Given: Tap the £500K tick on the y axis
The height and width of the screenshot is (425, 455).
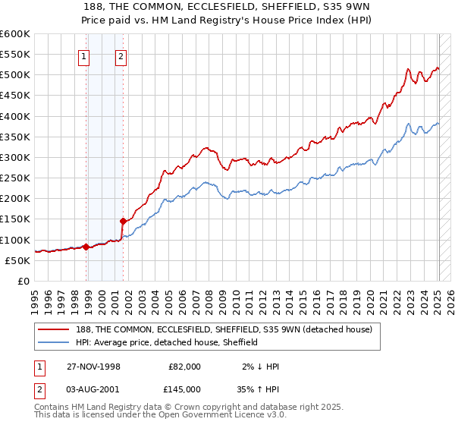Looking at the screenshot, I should pos(15,75).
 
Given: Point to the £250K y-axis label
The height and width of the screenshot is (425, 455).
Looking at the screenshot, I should pos(15,178).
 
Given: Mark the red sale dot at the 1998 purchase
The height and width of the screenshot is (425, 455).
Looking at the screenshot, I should pos(86,247).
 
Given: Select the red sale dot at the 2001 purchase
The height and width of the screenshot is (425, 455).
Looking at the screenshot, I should pos(123,221).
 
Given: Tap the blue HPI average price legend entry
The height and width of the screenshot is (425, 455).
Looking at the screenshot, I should pos(167,342).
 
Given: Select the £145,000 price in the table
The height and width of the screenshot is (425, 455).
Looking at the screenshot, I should pos(184,388).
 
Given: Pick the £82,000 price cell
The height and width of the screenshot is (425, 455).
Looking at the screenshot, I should pos(184,366).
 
